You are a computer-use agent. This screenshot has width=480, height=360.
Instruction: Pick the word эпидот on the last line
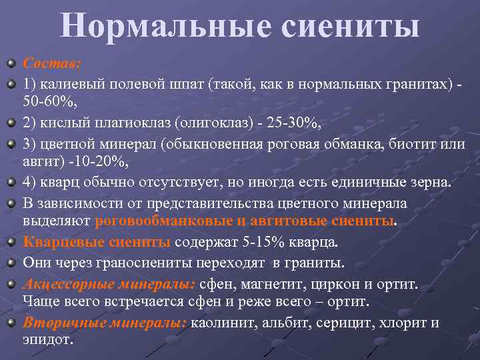click(48, 339)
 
